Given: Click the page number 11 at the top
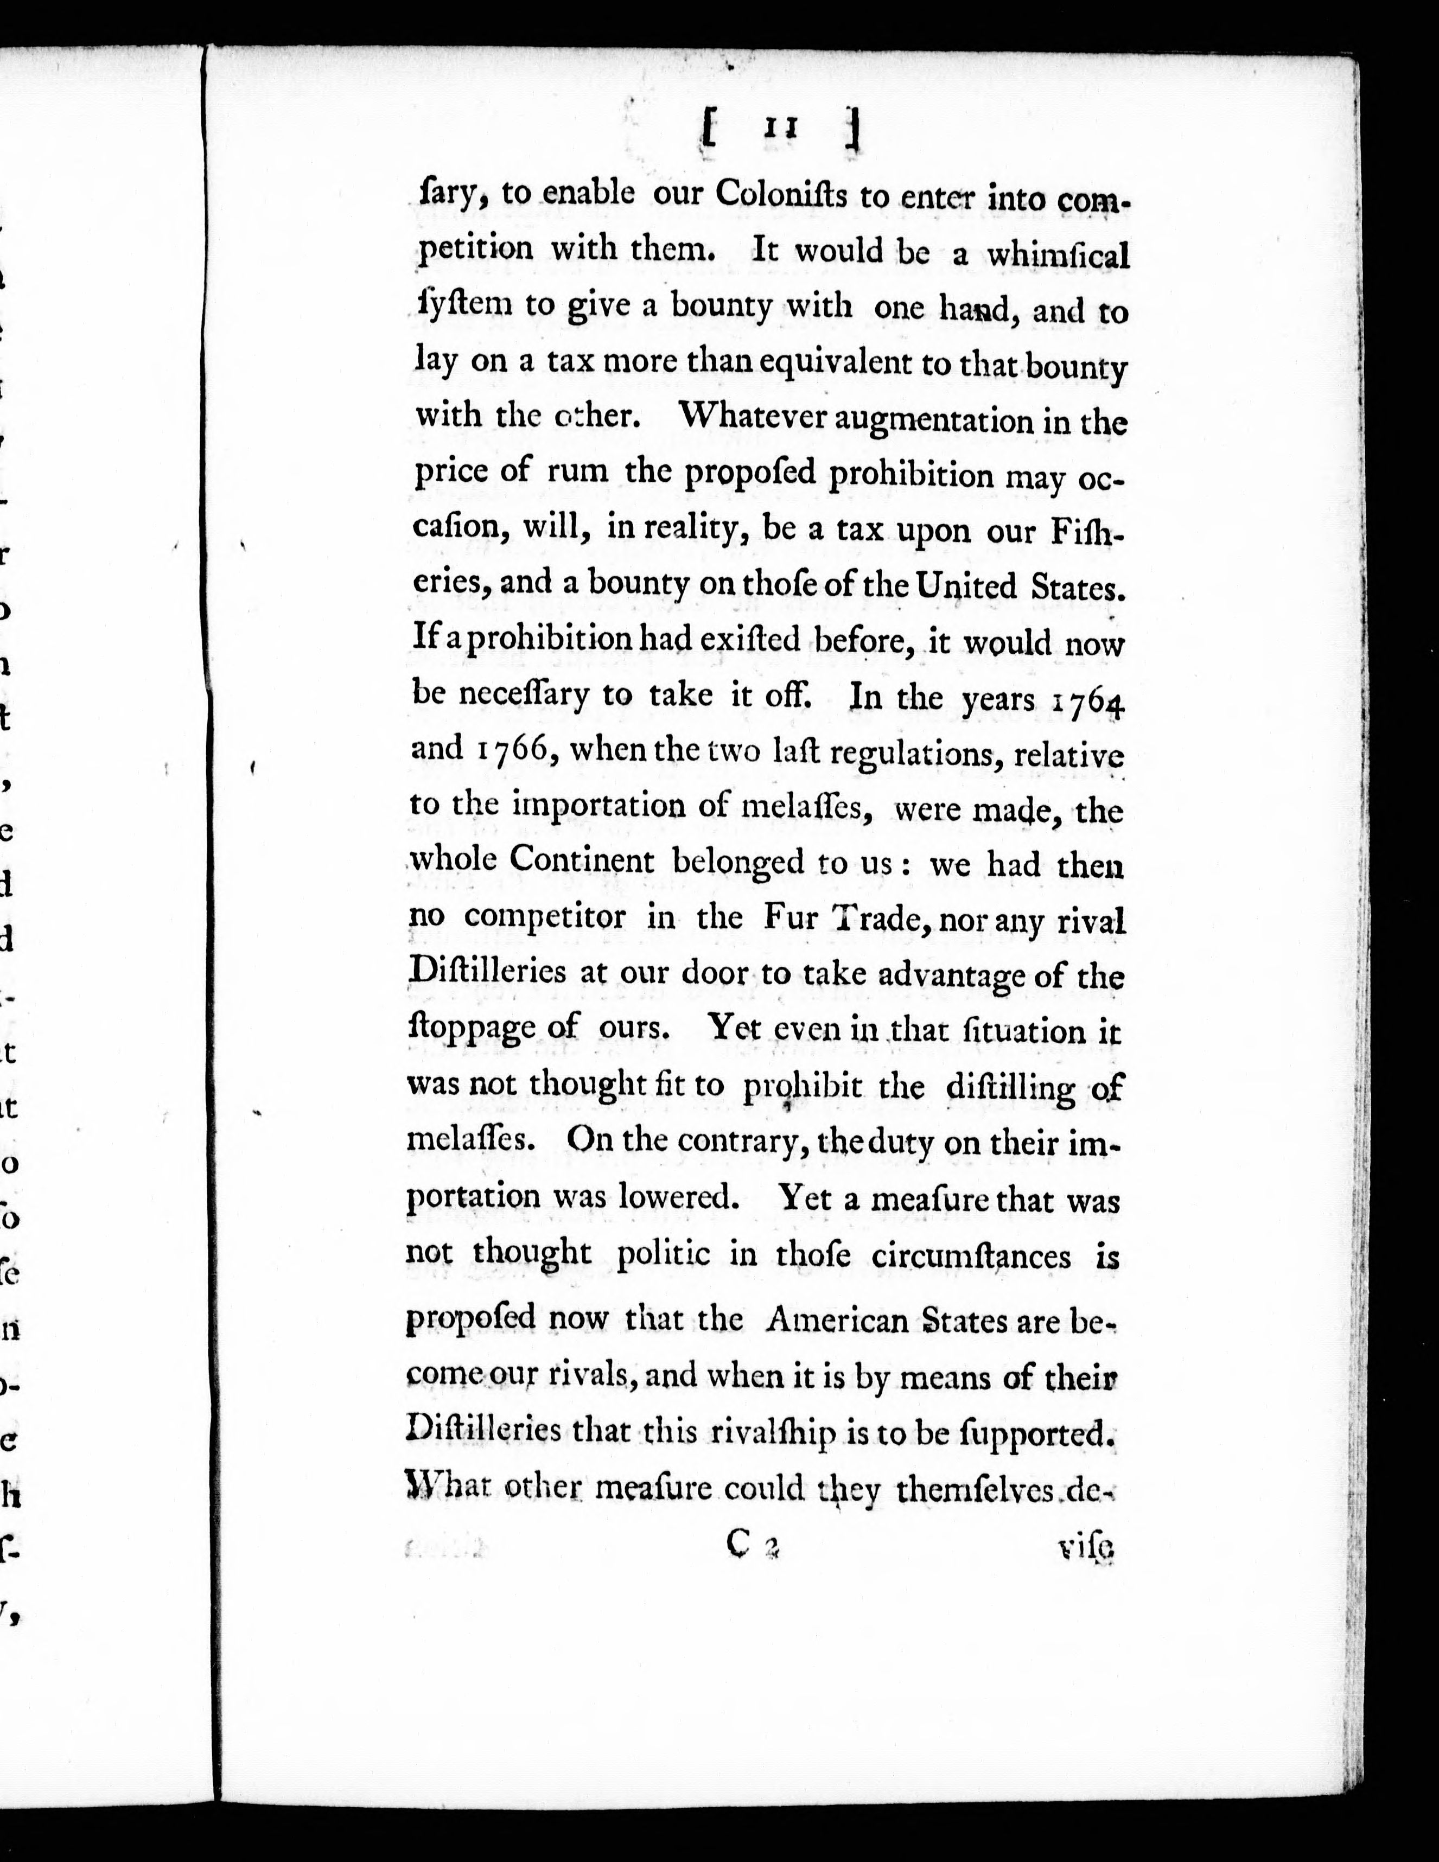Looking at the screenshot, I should point(779,130).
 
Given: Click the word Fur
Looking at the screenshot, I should point(792,917).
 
